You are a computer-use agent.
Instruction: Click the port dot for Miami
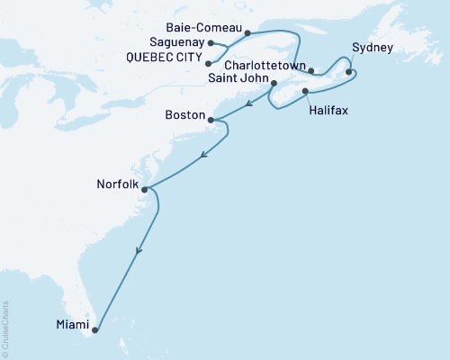[x=95, y=330]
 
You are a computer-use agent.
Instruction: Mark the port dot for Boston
[x=211, y=120]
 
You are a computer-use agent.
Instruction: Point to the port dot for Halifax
[x=306, y=92]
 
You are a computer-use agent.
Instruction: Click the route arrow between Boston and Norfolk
[x=203, y=154]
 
